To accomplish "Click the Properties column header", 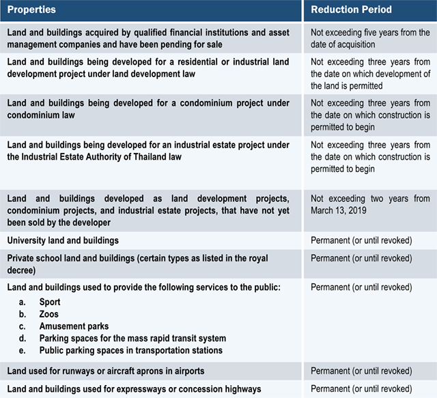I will [31, 11].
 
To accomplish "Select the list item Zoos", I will [49, 314].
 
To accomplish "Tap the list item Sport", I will [50, 302].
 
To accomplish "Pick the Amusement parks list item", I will [74, 326].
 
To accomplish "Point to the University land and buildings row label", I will [63, 240].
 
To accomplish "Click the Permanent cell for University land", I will [361, 240].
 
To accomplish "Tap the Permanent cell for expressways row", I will [361, 389].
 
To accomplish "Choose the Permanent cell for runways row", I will [361, 371].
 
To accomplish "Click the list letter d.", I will [23, 339].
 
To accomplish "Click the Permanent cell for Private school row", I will [361, 259].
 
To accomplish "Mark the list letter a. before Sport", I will [23, 302].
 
